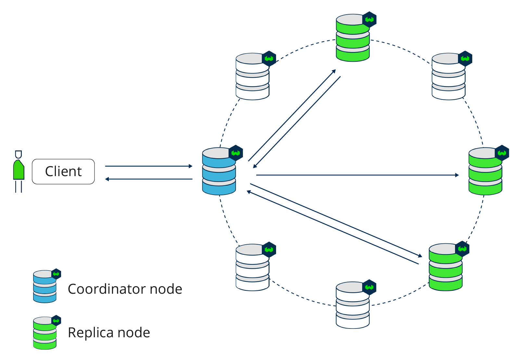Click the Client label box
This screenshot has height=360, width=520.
pyautogui.click(x=63, y=172)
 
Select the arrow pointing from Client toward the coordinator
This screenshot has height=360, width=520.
pyautogui.click(x=149, y=166)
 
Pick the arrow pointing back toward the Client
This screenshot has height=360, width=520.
pyautogui.click(x=149, y=179)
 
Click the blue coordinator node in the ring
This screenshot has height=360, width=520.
pyautogui.click(x=219, y=172)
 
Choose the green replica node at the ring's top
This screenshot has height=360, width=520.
pyautogui.click(x=353, y=38)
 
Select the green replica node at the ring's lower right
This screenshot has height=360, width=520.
pyautogui.click(x=446, y=267)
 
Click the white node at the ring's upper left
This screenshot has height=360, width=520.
pyautogui.click(x=252, y=77)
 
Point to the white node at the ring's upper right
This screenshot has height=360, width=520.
pyautogui.click(x=449, y=77)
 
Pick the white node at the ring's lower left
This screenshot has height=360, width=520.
pyautogui.click(x=252, y=268)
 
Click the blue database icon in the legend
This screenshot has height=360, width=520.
pyautogui.click(x=45, y=287)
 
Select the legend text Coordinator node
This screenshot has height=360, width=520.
pyautogui.click(x=125, y=289)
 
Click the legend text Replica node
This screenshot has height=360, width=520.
pyautogui.click(x=109, y=333)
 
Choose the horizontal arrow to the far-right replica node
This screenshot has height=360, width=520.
pyautogui.click(x=357, y=175)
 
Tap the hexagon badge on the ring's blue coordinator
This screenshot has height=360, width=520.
pyautogui.click(x=236, y=153)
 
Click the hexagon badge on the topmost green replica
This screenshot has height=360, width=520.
pyautogui.click(x=370, y=19)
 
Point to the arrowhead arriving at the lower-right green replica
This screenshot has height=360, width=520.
pyautogui.click(x=420, y=256)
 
